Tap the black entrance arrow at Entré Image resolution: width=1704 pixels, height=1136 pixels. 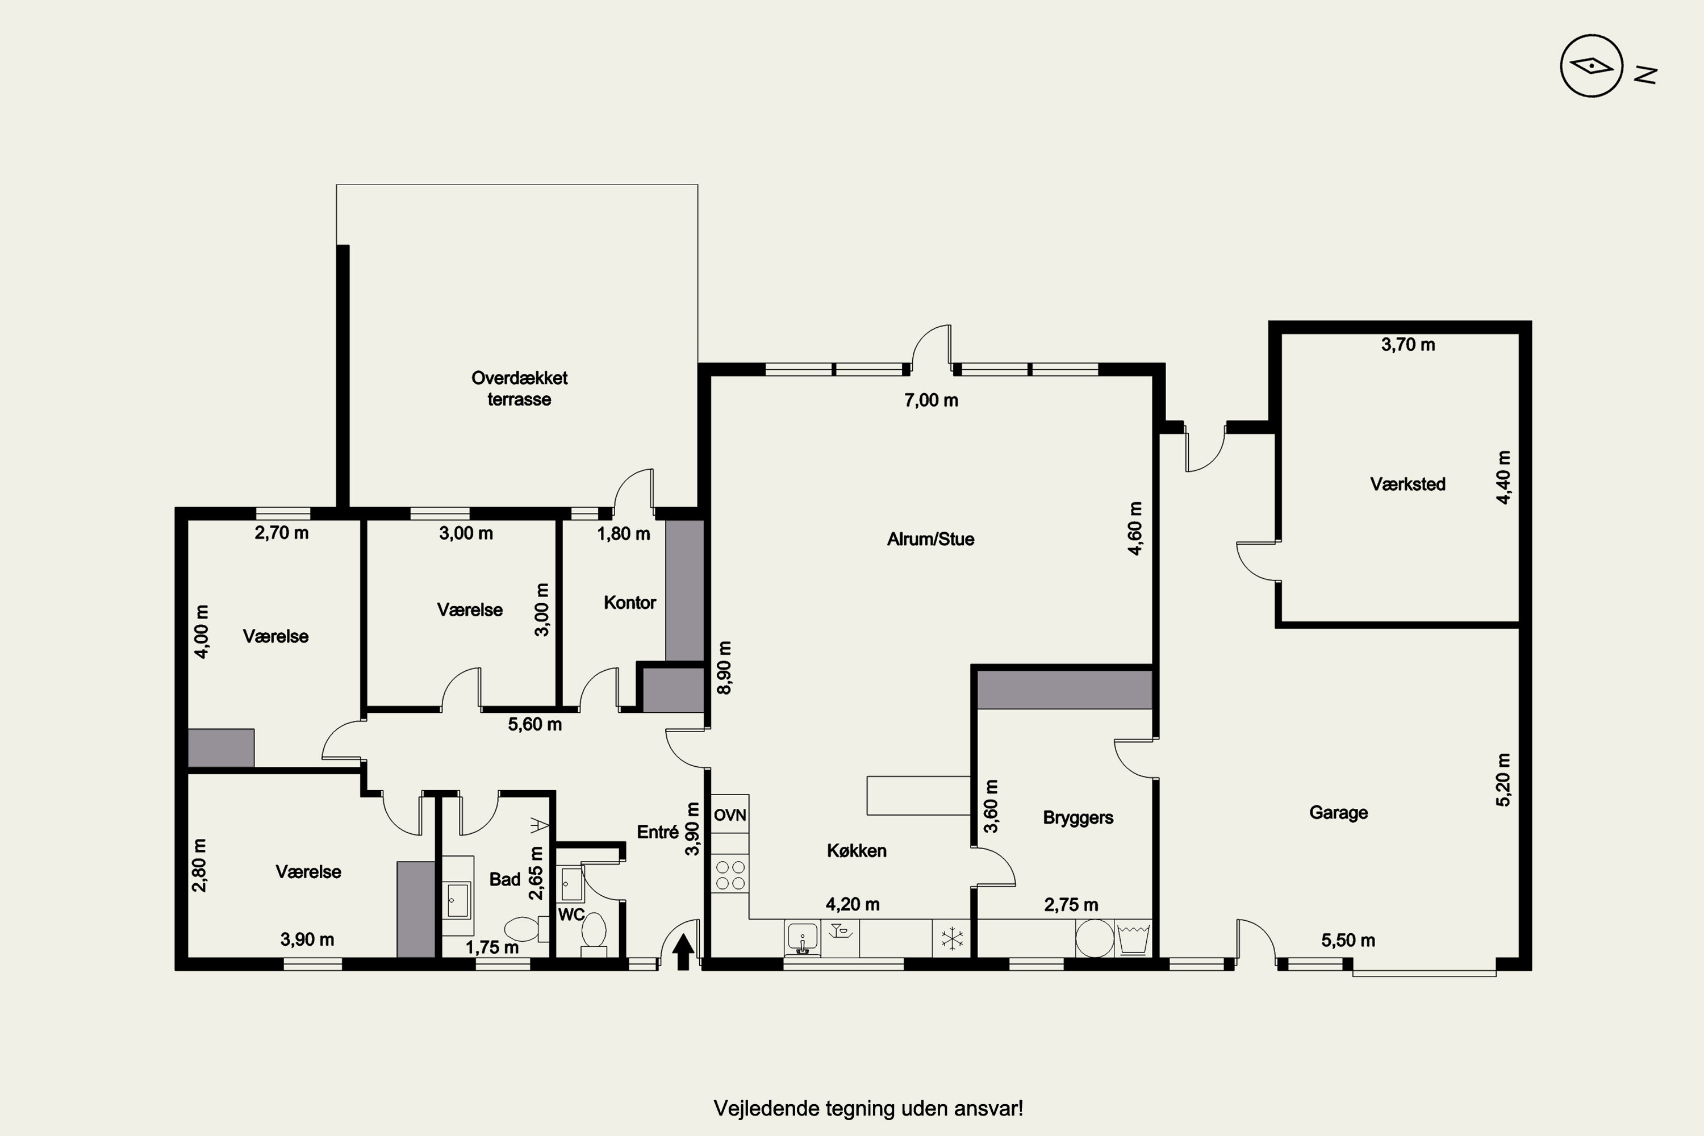(683, 952)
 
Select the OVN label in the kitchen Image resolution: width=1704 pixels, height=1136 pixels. (729, 815)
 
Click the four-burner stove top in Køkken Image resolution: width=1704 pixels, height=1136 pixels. (729, 875)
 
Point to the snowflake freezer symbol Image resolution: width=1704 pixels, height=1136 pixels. (952, 939)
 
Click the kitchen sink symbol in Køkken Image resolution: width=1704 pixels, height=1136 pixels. (803, 938)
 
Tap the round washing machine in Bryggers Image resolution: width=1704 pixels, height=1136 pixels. (1094, 938)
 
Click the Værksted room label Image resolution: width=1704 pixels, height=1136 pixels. (1408, 484)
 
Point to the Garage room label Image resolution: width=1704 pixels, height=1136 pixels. (1338, 812)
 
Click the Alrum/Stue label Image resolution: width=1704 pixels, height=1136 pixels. (930, 539)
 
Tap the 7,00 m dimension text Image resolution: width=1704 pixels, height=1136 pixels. (931, 400)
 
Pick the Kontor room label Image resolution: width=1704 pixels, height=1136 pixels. (629, 602)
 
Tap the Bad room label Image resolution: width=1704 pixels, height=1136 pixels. (505, 879)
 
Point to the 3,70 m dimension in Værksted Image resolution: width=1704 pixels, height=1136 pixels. (1408, 345)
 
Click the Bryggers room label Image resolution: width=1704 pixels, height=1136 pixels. (1078, 818)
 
